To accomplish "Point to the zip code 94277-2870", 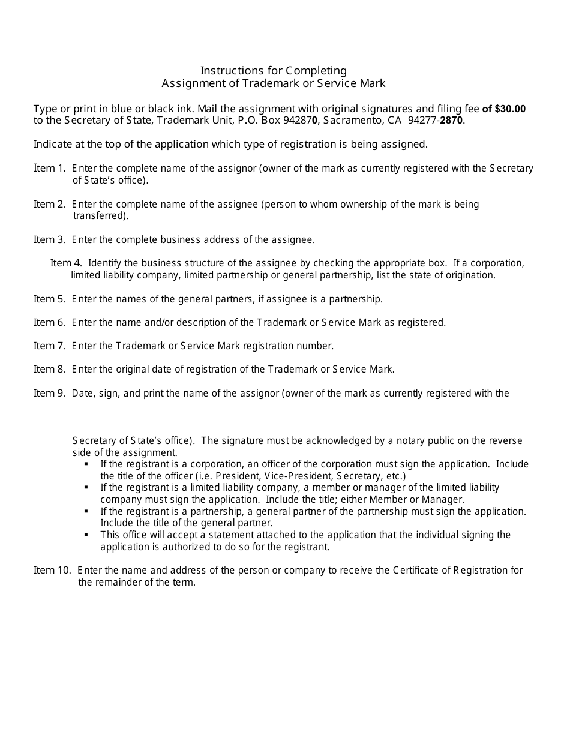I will pos(436,120).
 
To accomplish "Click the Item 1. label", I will pos(49,168).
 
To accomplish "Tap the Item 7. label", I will pos(49,346).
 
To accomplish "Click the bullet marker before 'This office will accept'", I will pos(86,535).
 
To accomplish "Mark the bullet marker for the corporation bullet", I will pos(86,464).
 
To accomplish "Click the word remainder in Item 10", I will pos(118,582).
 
